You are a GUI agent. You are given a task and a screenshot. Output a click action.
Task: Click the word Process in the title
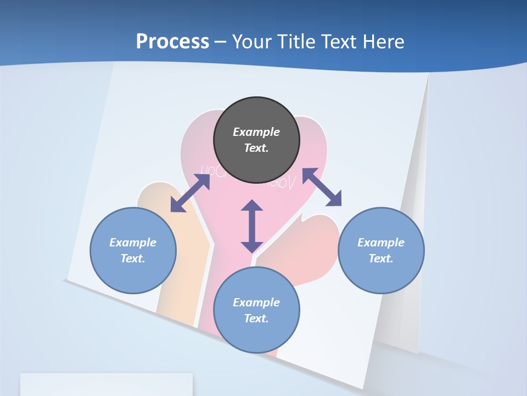pyautogui.click(x=172, y=41)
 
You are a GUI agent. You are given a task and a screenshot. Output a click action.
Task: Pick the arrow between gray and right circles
pyautogui.click(x=322, y=187)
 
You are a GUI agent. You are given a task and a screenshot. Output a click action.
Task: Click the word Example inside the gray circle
pyautogui.click(x=256, y=132)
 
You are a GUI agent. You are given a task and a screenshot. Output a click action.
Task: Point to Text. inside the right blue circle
pyautogui.click(x=381, y=258)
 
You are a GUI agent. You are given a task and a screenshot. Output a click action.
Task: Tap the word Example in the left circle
pyautogui.click(x=133, y=243)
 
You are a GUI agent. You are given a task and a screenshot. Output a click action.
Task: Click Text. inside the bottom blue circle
pyautogui.click(x=256, y=318)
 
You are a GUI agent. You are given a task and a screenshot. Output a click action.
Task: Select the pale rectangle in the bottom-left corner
pyautogui.click(x=106, y=384)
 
